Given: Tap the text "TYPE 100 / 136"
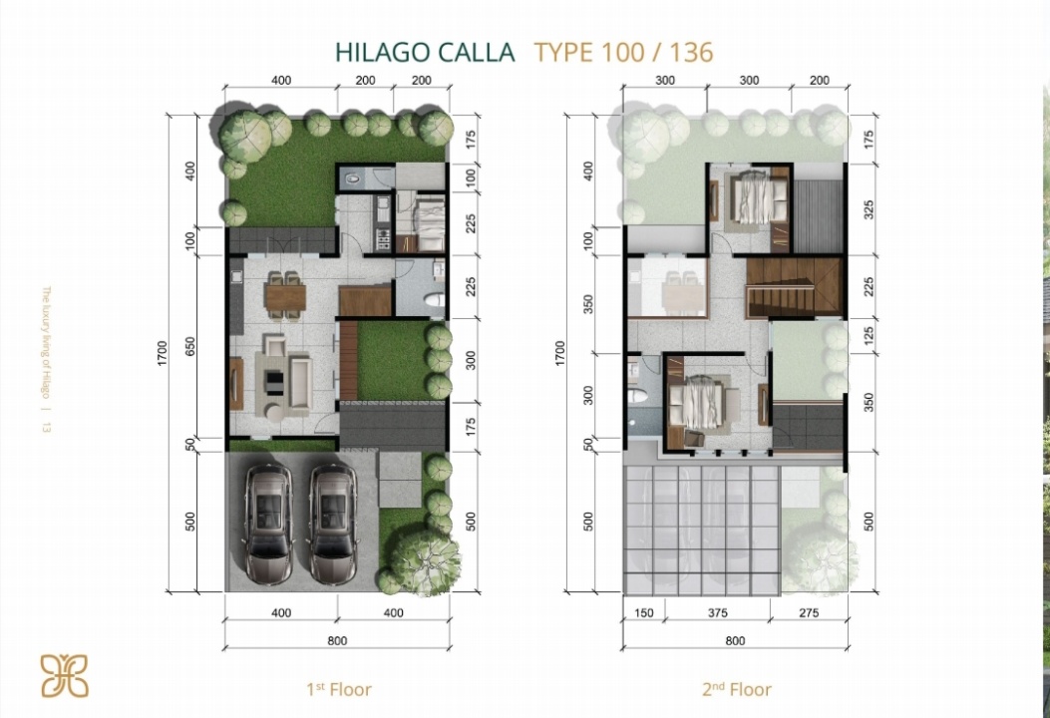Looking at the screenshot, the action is pyautogui.click(x=623, y=52).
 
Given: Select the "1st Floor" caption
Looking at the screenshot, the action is pyautogui.click(x=338, y=689).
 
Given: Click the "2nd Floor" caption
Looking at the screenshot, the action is pyautogui.click(x=737, y=689).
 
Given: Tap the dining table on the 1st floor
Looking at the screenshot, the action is pyautogui.click(x=285, y=295).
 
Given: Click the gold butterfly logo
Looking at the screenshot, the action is pyautogui.click(x=64, y=675).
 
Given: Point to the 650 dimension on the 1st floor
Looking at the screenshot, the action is pyautogui.click(x=190, y=346).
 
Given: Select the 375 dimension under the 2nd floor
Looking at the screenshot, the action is pyautogui.click(x=717, y=612).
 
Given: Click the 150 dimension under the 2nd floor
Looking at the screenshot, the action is pyautogui.click(x=643, y=612).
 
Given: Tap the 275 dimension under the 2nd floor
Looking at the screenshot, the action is pyautogui.click(x=809, y=612).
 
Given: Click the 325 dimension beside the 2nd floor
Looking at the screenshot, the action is pyautogui.click(x=870, y=209).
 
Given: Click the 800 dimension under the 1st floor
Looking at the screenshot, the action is pyautogui.click(x=337, y=641).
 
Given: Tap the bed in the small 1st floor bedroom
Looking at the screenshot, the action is pyautogui.click(x=426, y=221).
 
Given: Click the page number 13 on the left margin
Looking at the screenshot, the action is pyautogui.click(x=46, y=427).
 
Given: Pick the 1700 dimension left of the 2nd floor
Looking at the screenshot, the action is pyautogui.click(x=559, y=353).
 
